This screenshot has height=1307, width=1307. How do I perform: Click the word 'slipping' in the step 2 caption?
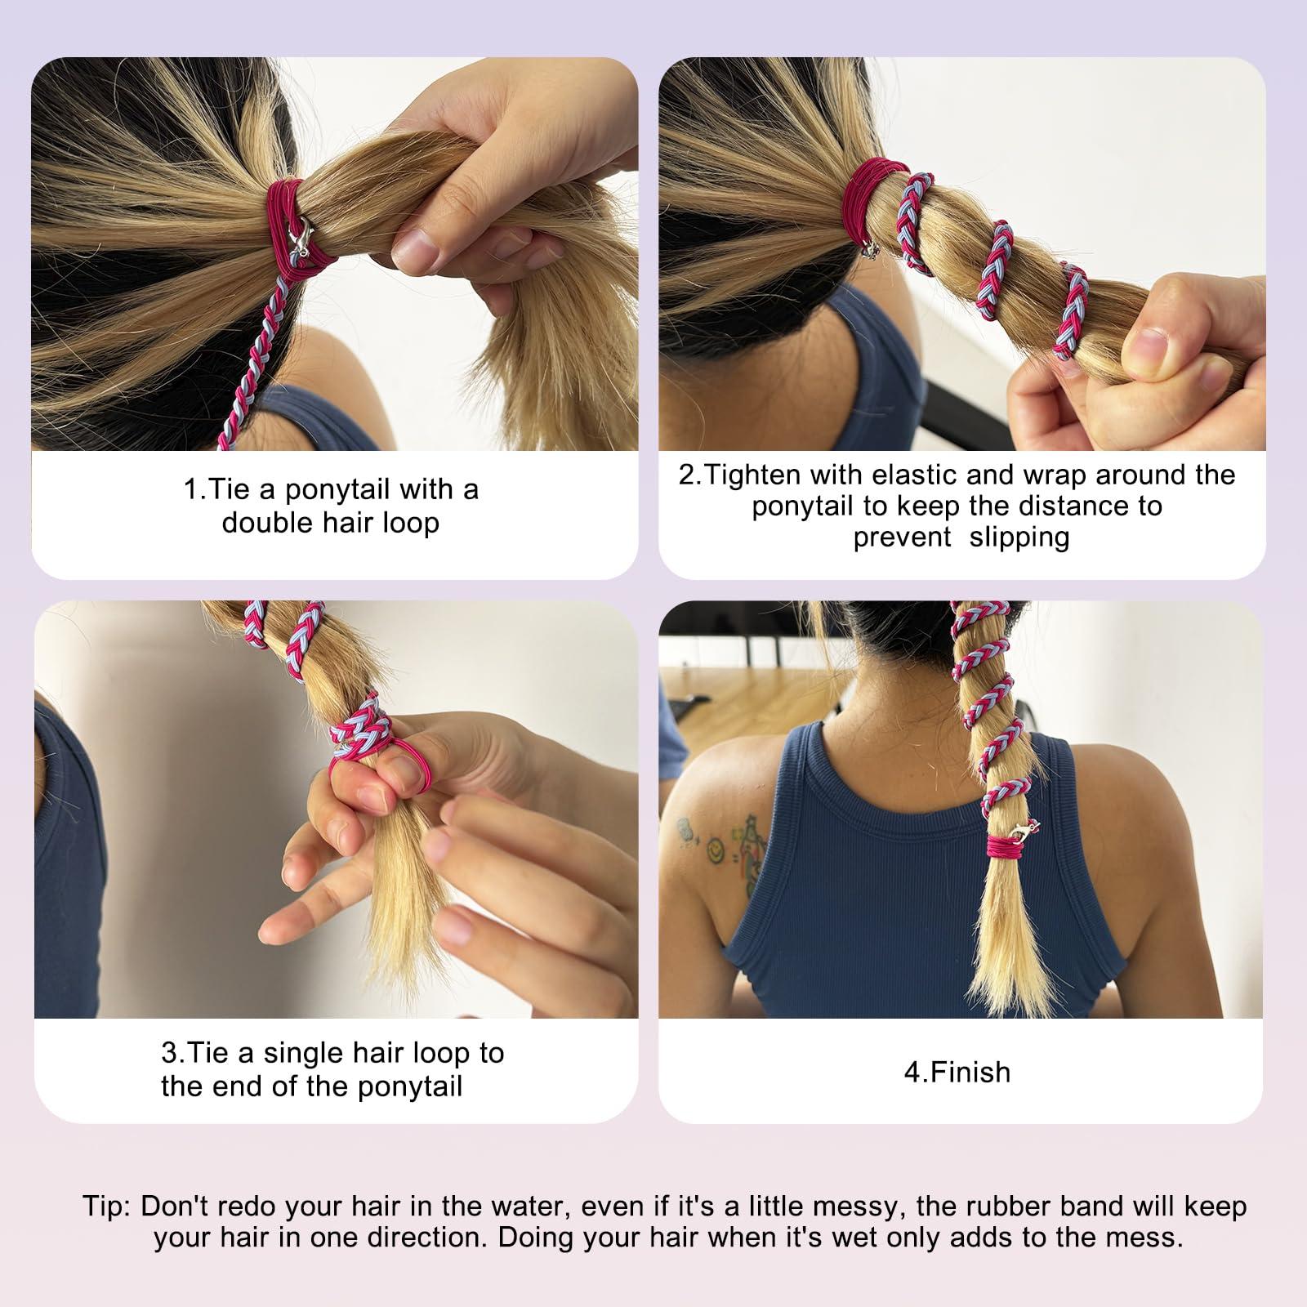point(1019,538)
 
